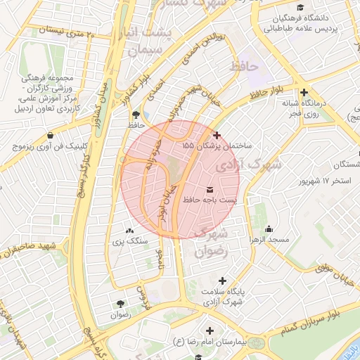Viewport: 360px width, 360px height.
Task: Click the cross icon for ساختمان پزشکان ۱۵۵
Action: tap(217, 135)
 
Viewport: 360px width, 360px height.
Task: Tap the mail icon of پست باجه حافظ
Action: tap(210, 191)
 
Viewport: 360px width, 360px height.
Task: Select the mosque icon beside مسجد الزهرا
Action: tap(269, 229)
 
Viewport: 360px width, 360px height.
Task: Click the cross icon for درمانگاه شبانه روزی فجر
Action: tap(304, 92)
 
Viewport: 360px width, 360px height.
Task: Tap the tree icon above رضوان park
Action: tap(121, 304)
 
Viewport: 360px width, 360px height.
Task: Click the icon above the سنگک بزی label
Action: tap(129, 231)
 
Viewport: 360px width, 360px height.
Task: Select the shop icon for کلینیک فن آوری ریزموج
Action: tap(50, 135)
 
